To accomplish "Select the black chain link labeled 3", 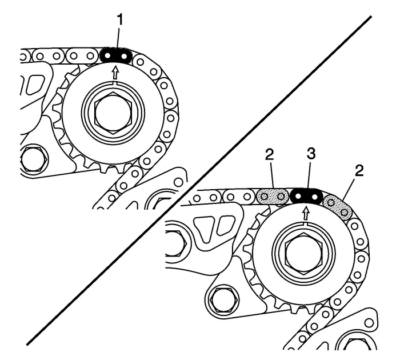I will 306,197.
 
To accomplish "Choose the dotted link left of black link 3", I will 272,197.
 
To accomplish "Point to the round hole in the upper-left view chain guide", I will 179,181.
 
